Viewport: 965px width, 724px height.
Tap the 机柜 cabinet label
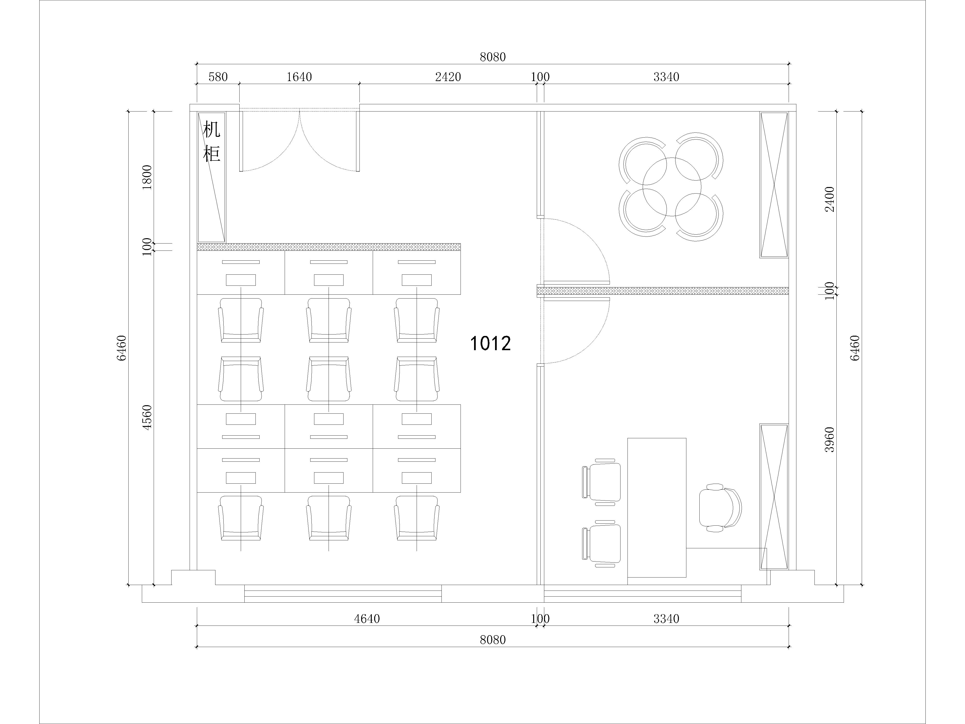point(212,142)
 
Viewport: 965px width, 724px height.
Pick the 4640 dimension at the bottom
point(367,619)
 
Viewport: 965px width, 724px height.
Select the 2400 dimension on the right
point(829,199)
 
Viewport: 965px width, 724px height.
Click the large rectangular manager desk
point(657,508)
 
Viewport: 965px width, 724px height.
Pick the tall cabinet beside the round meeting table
point(774,185)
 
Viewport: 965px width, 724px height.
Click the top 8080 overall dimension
point(493,57)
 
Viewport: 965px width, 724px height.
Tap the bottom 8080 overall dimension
point(493,640)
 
